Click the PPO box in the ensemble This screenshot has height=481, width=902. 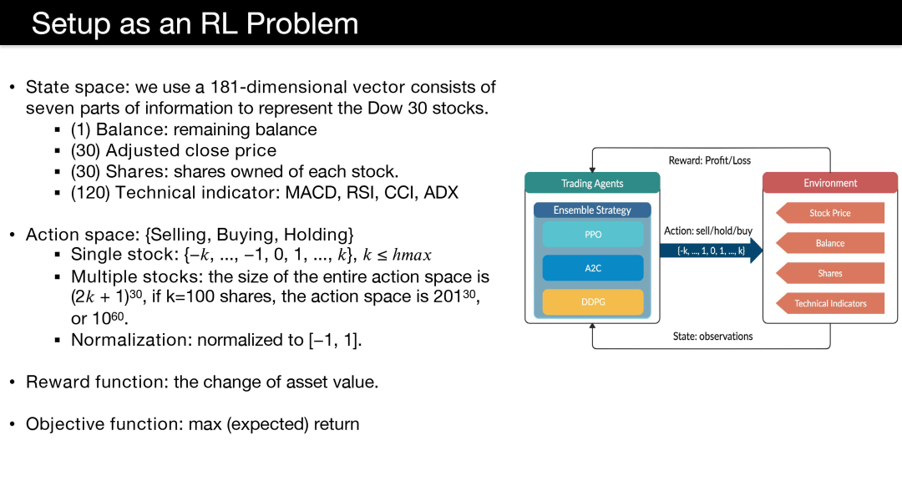592,235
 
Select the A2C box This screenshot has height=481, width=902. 592,268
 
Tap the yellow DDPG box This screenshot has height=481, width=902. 592,302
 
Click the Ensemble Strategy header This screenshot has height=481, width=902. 592,210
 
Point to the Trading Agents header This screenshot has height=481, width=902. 592,183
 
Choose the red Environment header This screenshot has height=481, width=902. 830,183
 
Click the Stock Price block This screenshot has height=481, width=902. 830,213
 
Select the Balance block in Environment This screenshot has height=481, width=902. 830,243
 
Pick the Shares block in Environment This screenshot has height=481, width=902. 830,273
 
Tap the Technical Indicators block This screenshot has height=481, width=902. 830,303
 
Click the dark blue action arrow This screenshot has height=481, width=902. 711,251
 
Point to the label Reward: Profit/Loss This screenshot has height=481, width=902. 709,160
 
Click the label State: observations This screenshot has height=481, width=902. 712,336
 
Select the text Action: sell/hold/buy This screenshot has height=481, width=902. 708,230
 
